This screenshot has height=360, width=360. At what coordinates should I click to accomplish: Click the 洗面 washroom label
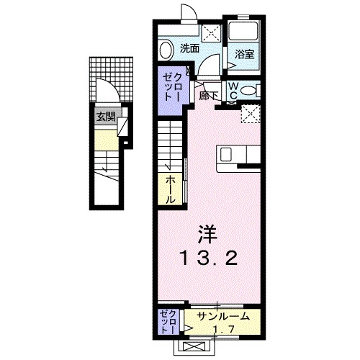[x=189, y=50]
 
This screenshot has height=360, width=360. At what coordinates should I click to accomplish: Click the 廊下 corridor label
[x=210, y=94]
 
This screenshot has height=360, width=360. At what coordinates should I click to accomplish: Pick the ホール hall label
[x=171, y=189]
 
